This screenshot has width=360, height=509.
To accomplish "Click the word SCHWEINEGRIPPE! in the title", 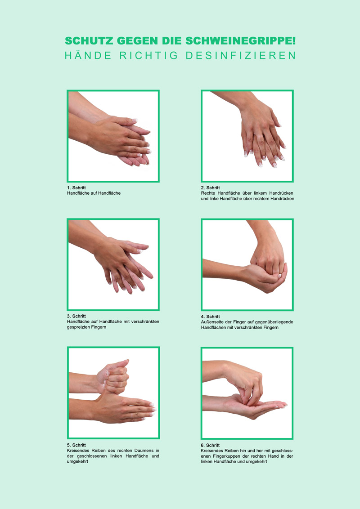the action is click(240, 41).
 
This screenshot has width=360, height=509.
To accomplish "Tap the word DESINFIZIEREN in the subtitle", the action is click(241, 55).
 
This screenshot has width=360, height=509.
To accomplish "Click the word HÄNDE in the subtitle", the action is click(88, 55).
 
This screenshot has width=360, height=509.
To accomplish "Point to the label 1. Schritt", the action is click(76, 188).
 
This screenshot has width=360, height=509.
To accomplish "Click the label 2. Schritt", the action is click(210, 188).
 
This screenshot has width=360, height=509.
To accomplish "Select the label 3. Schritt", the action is click(76, 316).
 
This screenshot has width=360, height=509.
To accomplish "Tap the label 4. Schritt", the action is click(210, 317).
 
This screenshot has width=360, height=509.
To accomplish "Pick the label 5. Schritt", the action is click(76, 445).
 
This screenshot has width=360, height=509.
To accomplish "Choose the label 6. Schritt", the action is click(210, 445).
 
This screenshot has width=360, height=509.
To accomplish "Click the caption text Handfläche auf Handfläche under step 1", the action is click(94, 193).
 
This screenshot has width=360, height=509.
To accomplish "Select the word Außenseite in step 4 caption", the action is click(211, 322).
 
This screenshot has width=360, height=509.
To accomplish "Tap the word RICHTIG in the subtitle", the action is click(148, 55).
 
